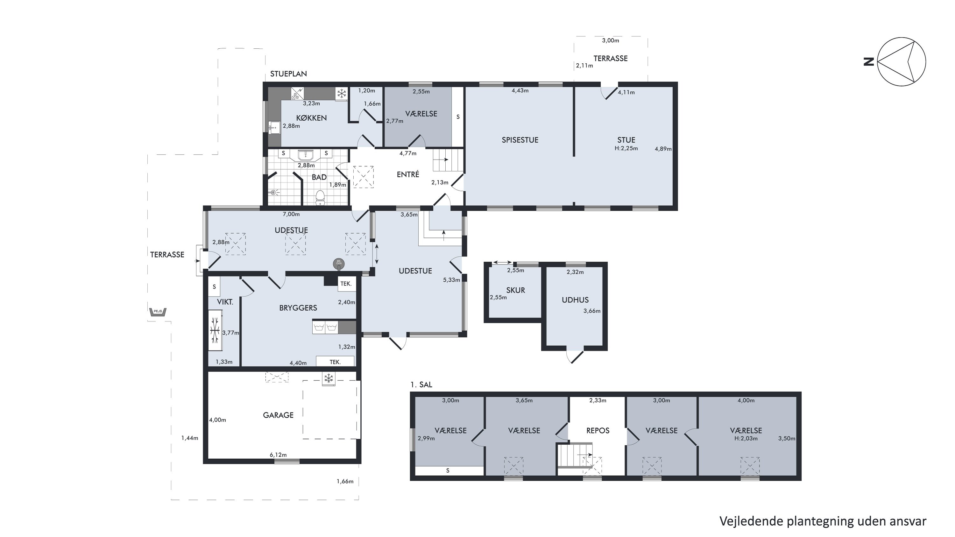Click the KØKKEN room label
pyautogui.click(x=311, y=118)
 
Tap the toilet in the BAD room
pyautogui.click(x=320, y=198)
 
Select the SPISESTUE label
pyautogui.click(x=520, y=140)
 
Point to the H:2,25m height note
pyautogui.click(x=626, y=148)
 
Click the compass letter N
pyautogui.click(x=869, y=61)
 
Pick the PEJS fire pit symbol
pyautogui.click(x=158, y=312)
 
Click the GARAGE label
pyautogui.click(x=278, y=415)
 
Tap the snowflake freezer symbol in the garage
pyautogui.click(x=329, y=379)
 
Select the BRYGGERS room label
pyautogui.click(x=298, y=308)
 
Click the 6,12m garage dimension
pyautogui.click(x=278, y=455)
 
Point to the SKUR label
pyautogui.click(x=515, y=290)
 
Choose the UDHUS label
pyautogui.click(x=575, y=300)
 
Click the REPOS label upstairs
pyautogui.click(x=598, y=431)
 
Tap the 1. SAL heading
pyautogui.click(x=421, y=385)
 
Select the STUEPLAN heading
pyautogui.click(x=288, y=74)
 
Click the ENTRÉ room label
pyautogui.click(x=408, y=174)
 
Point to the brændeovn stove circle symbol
pyautogui.click(x=338, y=264)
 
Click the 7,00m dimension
pyautogui.click(x=291, y=214)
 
